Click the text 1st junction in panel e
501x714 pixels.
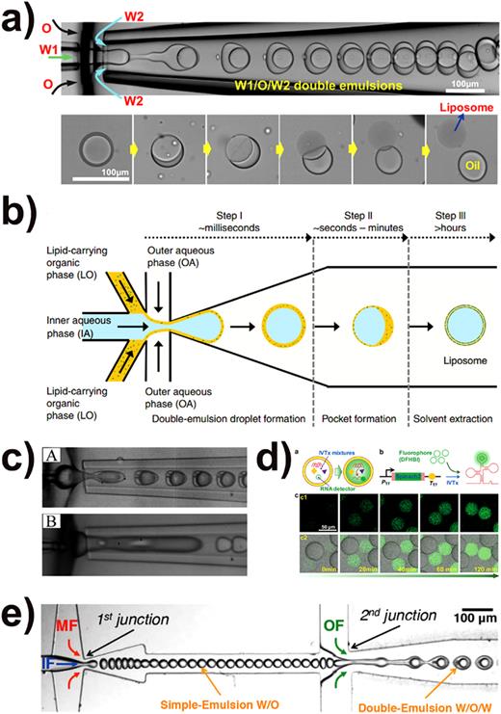(142, 594)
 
